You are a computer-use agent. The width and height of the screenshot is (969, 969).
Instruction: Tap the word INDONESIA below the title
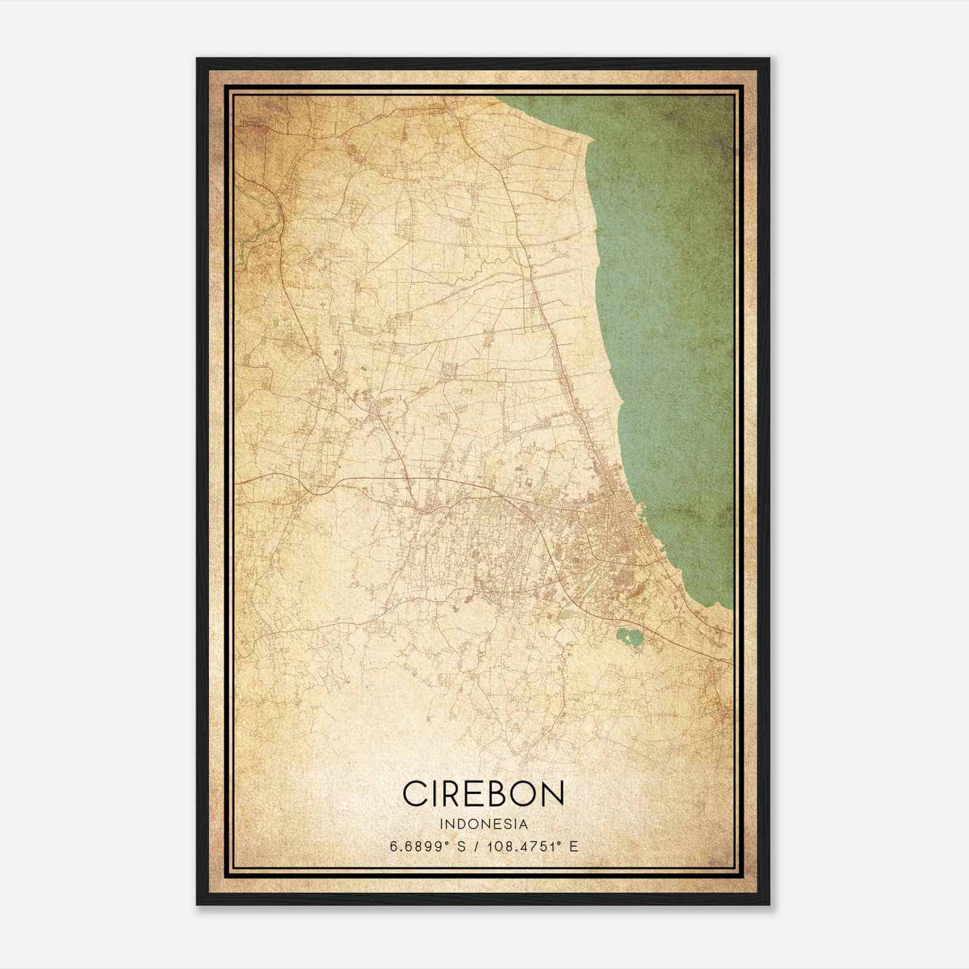coord(484,824)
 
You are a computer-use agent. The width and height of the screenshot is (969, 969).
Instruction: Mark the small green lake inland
coord(627,637)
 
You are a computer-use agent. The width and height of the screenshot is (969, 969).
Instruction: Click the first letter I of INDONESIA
coord(442,824)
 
